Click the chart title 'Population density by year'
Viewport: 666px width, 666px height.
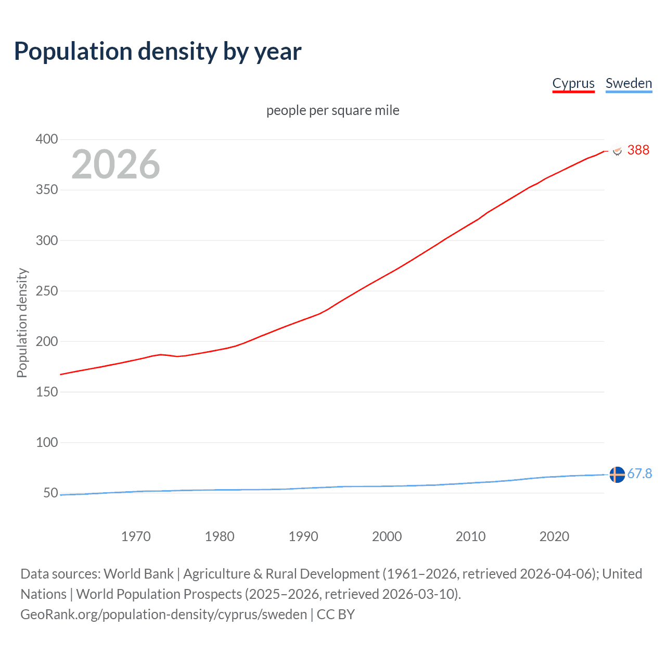click(158, 52)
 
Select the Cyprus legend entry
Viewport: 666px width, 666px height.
click(573, 83)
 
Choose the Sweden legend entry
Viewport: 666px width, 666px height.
click(629, 83)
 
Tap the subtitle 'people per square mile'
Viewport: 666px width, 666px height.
click(332, 110)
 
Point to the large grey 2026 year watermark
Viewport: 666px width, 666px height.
click(116, 164)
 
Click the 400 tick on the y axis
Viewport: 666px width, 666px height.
click(46, 139)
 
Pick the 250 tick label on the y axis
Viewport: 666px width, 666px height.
click(46, 291)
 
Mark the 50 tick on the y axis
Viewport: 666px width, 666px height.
click(50, 493)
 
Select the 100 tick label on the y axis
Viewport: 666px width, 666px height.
click(46, 442)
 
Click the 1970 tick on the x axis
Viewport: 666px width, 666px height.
click(136, 536)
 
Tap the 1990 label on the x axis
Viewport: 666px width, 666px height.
click(303, 536)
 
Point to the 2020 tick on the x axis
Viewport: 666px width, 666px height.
click(554, 536)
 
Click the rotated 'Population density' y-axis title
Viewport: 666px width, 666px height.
click(22, 323)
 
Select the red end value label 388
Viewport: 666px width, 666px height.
click(638, 150)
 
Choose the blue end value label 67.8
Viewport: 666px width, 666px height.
click(639, 473)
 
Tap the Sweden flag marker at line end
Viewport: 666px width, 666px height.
click(617, 475)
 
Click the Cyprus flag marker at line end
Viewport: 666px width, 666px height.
click(617, 150)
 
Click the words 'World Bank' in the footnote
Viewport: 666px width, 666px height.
click(138, 574)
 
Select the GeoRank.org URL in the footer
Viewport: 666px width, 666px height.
click(163, 614)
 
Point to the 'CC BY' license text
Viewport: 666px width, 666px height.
click(336, 614)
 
